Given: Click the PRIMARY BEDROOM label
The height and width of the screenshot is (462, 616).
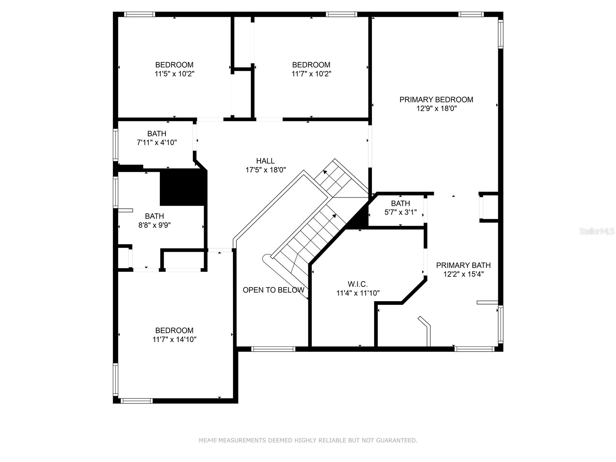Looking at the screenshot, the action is pyautogui.click(x=436, y=100).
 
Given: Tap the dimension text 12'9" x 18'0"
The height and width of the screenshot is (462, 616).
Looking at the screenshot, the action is pyautogui.click(x=436, y=109).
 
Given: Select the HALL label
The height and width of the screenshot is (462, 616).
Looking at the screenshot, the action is pyautogui.click(x=265, y=161).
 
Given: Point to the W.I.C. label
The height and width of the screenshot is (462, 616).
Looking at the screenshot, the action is pyautogui.click(x=358, y=284).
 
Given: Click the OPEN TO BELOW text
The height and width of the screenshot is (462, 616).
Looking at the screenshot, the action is pyautogui.click(x=273, y=290).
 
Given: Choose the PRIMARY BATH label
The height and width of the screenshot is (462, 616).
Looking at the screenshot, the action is pyautogui.click(x=463, y=265).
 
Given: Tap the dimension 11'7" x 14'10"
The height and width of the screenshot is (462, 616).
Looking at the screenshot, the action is pyautogui.click(x=174, y=340).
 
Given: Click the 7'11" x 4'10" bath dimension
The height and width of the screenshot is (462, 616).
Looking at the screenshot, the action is pyautogui.click(x=157, y=142).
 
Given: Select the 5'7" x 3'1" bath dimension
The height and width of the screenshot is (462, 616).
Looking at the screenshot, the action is pyautogui.click(x=400, y=213).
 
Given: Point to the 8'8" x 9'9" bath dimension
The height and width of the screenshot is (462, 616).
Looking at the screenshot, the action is pyautogui.click(x=154, y=225).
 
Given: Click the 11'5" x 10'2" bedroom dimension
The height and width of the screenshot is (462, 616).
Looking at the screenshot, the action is pyautogui.click(x=174, y=74).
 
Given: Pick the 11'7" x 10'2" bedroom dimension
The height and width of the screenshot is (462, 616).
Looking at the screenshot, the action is pyautogui.click(x=311, y=74).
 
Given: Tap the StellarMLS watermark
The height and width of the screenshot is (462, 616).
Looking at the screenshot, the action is pyautogui.click(x=597, y=231).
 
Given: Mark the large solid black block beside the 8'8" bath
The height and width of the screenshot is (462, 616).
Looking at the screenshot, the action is pyautogui.click(x=183, y=187).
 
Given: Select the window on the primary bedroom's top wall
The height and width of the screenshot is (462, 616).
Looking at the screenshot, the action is pyautogui.click(x=471, y=14).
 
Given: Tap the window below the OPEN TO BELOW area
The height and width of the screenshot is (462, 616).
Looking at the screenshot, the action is pyautogui.click(x=273, y=349).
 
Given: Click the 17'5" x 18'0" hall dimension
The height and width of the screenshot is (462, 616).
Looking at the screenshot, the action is pyautogui.click(x=266, y=170).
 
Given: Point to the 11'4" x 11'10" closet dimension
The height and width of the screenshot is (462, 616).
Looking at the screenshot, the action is pyautogui.click(x=358, y=293).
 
